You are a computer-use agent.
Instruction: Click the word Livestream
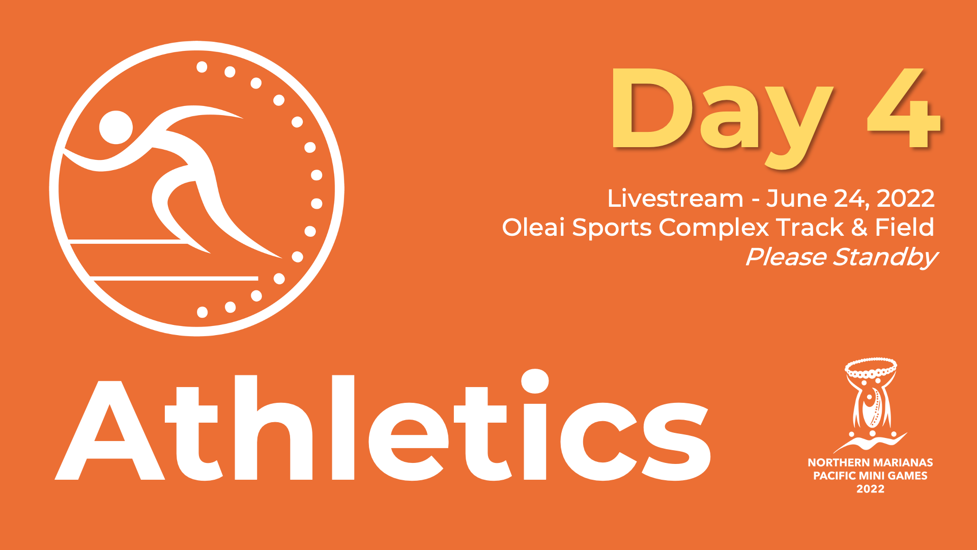(x=675, y=199)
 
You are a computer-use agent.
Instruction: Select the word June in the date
(x=796, y=199)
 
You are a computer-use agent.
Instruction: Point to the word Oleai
(x=533, y=227)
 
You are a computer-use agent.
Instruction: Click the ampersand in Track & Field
(x=859, y=227)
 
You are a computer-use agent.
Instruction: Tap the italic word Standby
(x=885, y=258)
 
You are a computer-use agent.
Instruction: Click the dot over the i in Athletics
(x=534, y=381)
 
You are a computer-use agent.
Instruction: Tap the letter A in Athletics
(x=109, y=430)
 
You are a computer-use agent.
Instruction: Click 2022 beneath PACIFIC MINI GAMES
(x=871, y=489)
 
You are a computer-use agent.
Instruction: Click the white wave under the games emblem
(x=870, y=443)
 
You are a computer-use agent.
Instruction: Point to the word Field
(x=904, y=227)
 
